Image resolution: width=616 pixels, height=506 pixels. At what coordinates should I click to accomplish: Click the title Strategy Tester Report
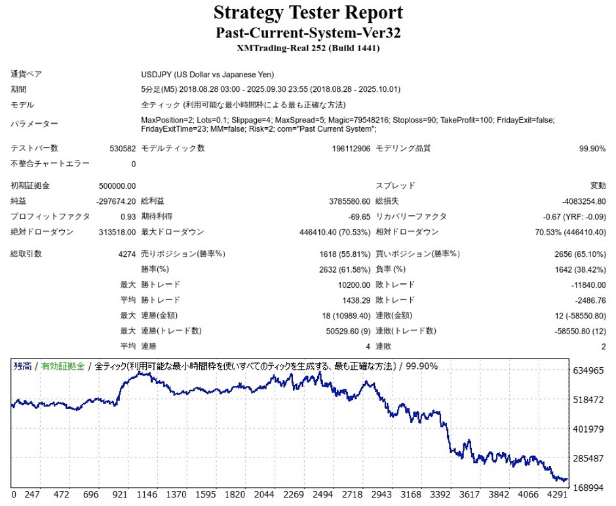307,12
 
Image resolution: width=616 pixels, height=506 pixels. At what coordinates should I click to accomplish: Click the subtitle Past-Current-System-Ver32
307,32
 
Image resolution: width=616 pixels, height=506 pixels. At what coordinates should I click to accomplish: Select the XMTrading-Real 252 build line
307,48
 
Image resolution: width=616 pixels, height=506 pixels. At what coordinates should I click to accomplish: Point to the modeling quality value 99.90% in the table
592,149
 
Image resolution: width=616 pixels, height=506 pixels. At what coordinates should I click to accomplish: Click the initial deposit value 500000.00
117,186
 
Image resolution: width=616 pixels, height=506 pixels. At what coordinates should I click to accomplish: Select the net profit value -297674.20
116,201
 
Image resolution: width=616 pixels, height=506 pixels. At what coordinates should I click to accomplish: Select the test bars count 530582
123,149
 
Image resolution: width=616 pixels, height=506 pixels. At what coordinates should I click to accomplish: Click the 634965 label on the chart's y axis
588,371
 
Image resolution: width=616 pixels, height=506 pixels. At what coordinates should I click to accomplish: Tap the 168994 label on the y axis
588,487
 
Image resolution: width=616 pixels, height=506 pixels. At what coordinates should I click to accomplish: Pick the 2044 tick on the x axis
264,495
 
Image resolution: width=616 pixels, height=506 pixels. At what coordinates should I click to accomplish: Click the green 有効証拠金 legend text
63,366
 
